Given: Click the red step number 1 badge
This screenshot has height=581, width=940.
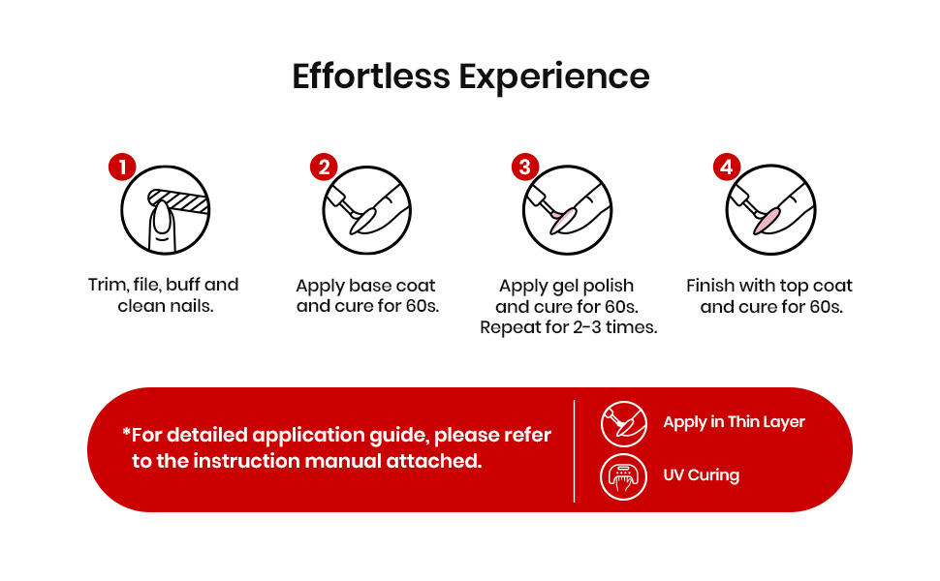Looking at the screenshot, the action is pyautogui.click(x=122, y=168).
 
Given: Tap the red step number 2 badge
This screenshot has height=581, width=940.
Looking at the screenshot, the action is pyautogui.click(x=324, y=168).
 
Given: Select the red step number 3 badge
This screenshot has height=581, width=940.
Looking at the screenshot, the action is pyautogui.click(x=525, y=168).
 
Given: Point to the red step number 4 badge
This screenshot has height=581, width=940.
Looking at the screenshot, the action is pyautogui.click(x=727, y=168).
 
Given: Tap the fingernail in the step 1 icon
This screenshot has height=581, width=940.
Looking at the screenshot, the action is pyautogui.click(x=162, y=218).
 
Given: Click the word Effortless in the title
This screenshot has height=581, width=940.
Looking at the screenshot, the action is pyautogui.click(x=371, y=76).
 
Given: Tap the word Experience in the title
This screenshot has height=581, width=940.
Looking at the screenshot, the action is pyautogui.click(x=554, y=77).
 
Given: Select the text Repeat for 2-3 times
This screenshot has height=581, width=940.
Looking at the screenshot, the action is pyautogui.click(x=568, y=327).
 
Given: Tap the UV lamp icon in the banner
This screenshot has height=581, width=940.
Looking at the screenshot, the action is pyautogui.click(x=623, y=476).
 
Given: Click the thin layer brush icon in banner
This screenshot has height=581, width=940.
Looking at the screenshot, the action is pyautogui.click(x=623, y=424).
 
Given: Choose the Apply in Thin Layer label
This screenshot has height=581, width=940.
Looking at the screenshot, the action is pyautogui.click(x=734, y=422).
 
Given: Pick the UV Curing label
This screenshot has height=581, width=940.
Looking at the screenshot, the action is pyautogui.click(x=701, y=475).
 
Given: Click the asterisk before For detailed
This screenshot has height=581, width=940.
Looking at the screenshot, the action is pyautogui.click(x=126, y=431).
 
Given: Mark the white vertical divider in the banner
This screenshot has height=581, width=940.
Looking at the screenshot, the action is pyautogui.click(x=575, y=451).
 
